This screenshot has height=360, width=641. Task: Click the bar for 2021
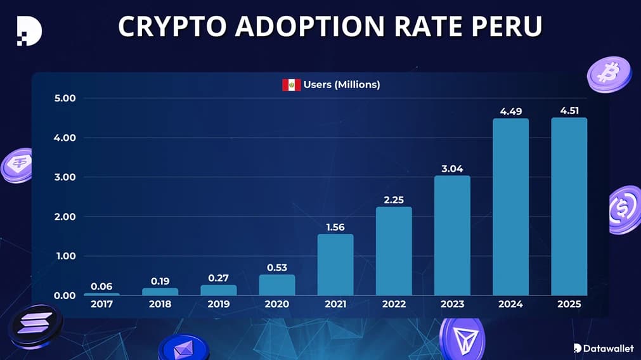335,265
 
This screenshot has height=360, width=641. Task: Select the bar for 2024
510,207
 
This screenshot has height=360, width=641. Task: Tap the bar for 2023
452,236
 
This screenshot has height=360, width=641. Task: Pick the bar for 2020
277,285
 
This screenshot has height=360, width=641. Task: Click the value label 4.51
569,110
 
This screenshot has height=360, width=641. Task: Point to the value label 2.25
394,200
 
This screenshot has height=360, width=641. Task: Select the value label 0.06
101,286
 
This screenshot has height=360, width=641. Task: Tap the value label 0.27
219,278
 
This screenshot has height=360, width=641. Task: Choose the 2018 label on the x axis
160,304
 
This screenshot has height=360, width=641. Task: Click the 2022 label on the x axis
394,304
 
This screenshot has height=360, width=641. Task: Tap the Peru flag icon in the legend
291,84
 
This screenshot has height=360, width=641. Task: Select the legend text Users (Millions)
342,84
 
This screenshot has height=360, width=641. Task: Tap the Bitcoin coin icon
609,74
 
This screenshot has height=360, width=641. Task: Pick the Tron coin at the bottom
461,337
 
